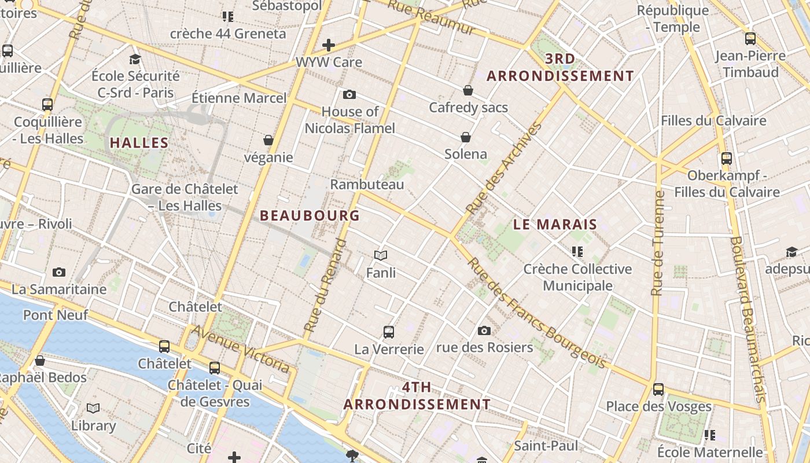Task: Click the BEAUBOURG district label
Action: [310, 216]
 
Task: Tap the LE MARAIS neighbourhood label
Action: [555, 225]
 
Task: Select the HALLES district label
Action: [139, 143]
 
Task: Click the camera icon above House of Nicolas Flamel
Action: [349, 94]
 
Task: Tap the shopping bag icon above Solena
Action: [466, 137]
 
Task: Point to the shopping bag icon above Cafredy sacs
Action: [467, 90]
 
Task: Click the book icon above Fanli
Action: [380, 255]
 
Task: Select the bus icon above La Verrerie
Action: [389, 332]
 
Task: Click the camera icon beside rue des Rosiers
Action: [484, 330]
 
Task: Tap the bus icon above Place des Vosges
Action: [658, 389]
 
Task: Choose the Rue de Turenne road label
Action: [657, 243]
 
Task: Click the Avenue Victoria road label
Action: [240, 348]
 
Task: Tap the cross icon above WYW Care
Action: [329, 45]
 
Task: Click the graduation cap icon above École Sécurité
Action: [135, 59]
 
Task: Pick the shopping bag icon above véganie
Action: [268, 140]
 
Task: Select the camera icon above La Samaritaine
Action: [59, 272]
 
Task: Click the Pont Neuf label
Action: [56, 315]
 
